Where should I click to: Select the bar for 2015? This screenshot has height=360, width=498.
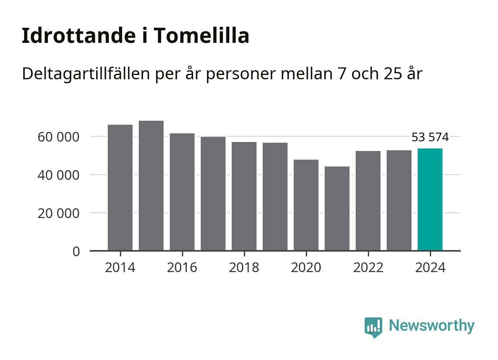(151, 186)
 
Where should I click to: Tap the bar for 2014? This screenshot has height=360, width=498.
(120, 187)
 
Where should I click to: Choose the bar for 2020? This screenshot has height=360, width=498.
(306, 205)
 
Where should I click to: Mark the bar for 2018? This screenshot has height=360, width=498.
(244, 196)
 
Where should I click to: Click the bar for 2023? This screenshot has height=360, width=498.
(399, 200)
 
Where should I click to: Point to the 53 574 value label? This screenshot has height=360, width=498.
(430, 137)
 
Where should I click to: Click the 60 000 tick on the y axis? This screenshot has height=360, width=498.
(58, 137)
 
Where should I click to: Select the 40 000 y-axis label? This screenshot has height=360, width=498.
(58, 175)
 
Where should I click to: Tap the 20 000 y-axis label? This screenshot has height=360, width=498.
(58, 213)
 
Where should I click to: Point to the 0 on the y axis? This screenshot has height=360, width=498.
(76, 252)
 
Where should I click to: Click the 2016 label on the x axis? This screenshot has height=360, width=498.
(182, 268)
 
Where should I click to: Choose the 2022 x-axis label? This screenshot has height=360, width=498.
(368, 268)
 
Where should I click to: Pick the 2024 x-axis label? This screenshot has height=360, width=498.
(430, 268)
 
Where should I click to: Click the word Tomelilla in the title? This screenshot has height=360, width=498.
(202, 36)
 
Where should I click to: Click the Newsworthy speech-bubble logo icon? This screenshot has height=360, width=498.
(373, 327)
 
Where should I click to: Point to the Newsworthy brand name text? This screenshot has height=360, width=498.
(431, 325)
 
